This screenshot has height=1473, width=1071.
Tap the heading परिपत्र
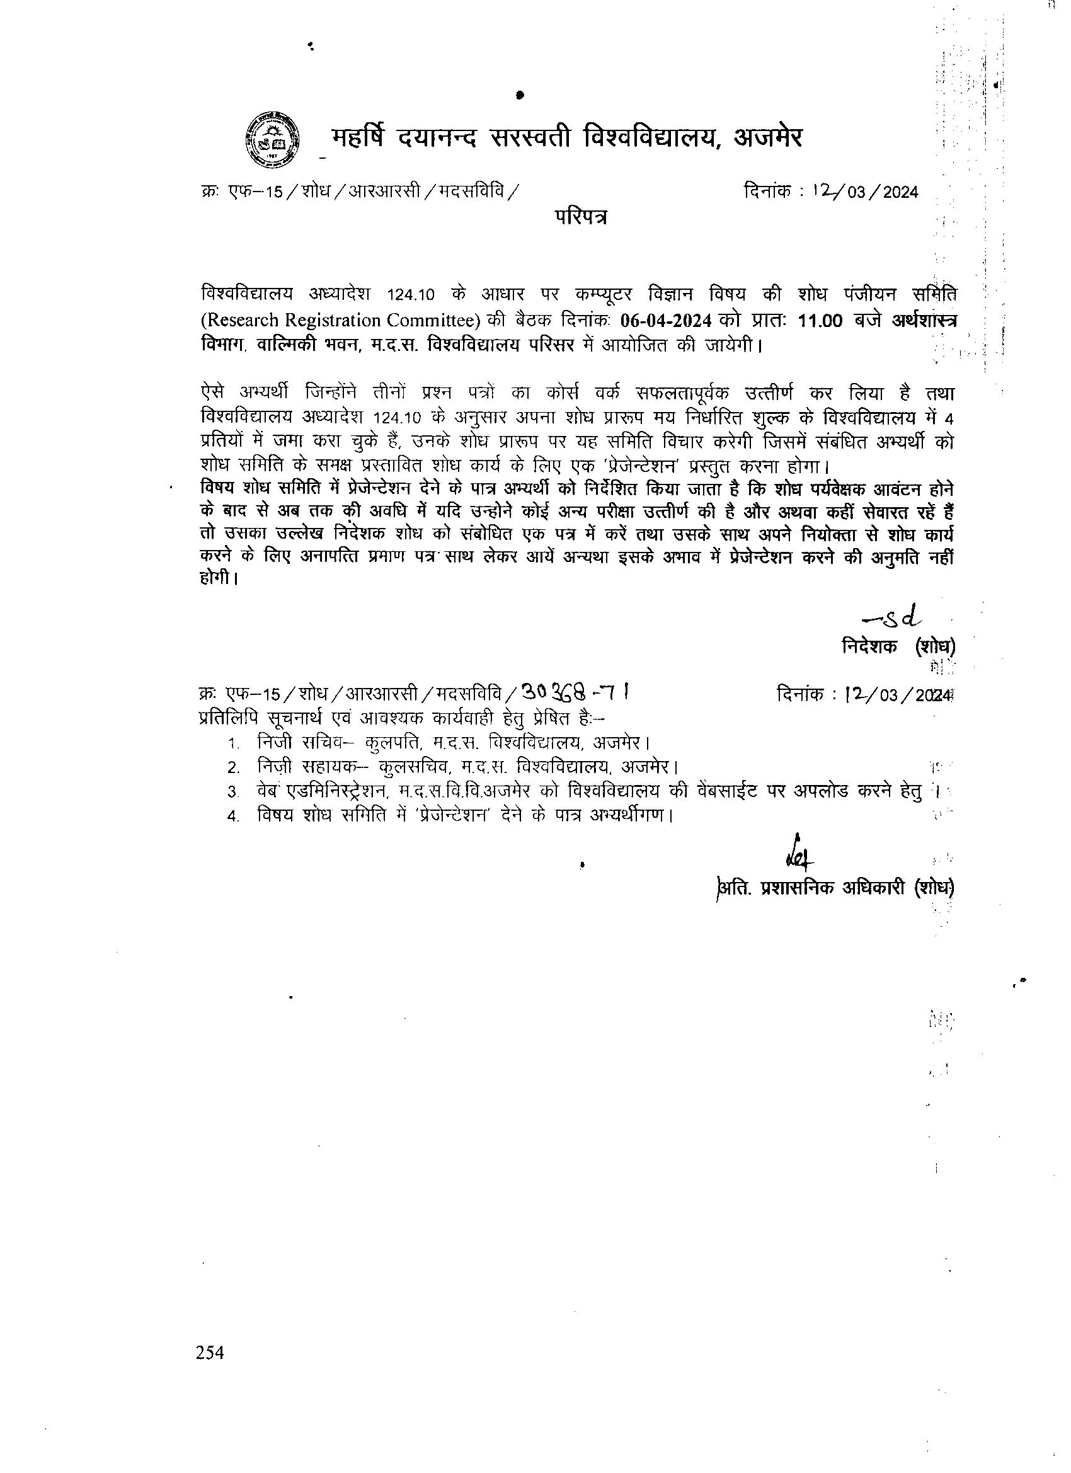tap(581, 217)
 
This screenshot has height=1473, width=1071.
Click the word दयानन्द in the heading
tap(439, 138)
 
